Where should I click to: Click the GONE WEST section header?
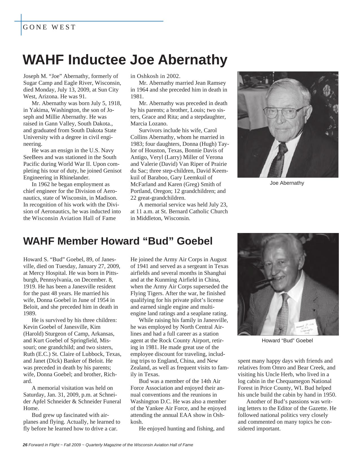[x=49, y=27]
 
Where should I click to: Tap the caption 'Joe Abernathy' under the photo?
[x=287, y=183]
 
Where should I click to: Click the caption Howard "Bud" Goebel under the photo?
[x=287, y=341]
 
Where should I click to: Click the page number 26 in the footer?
[x=25, y=445]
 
